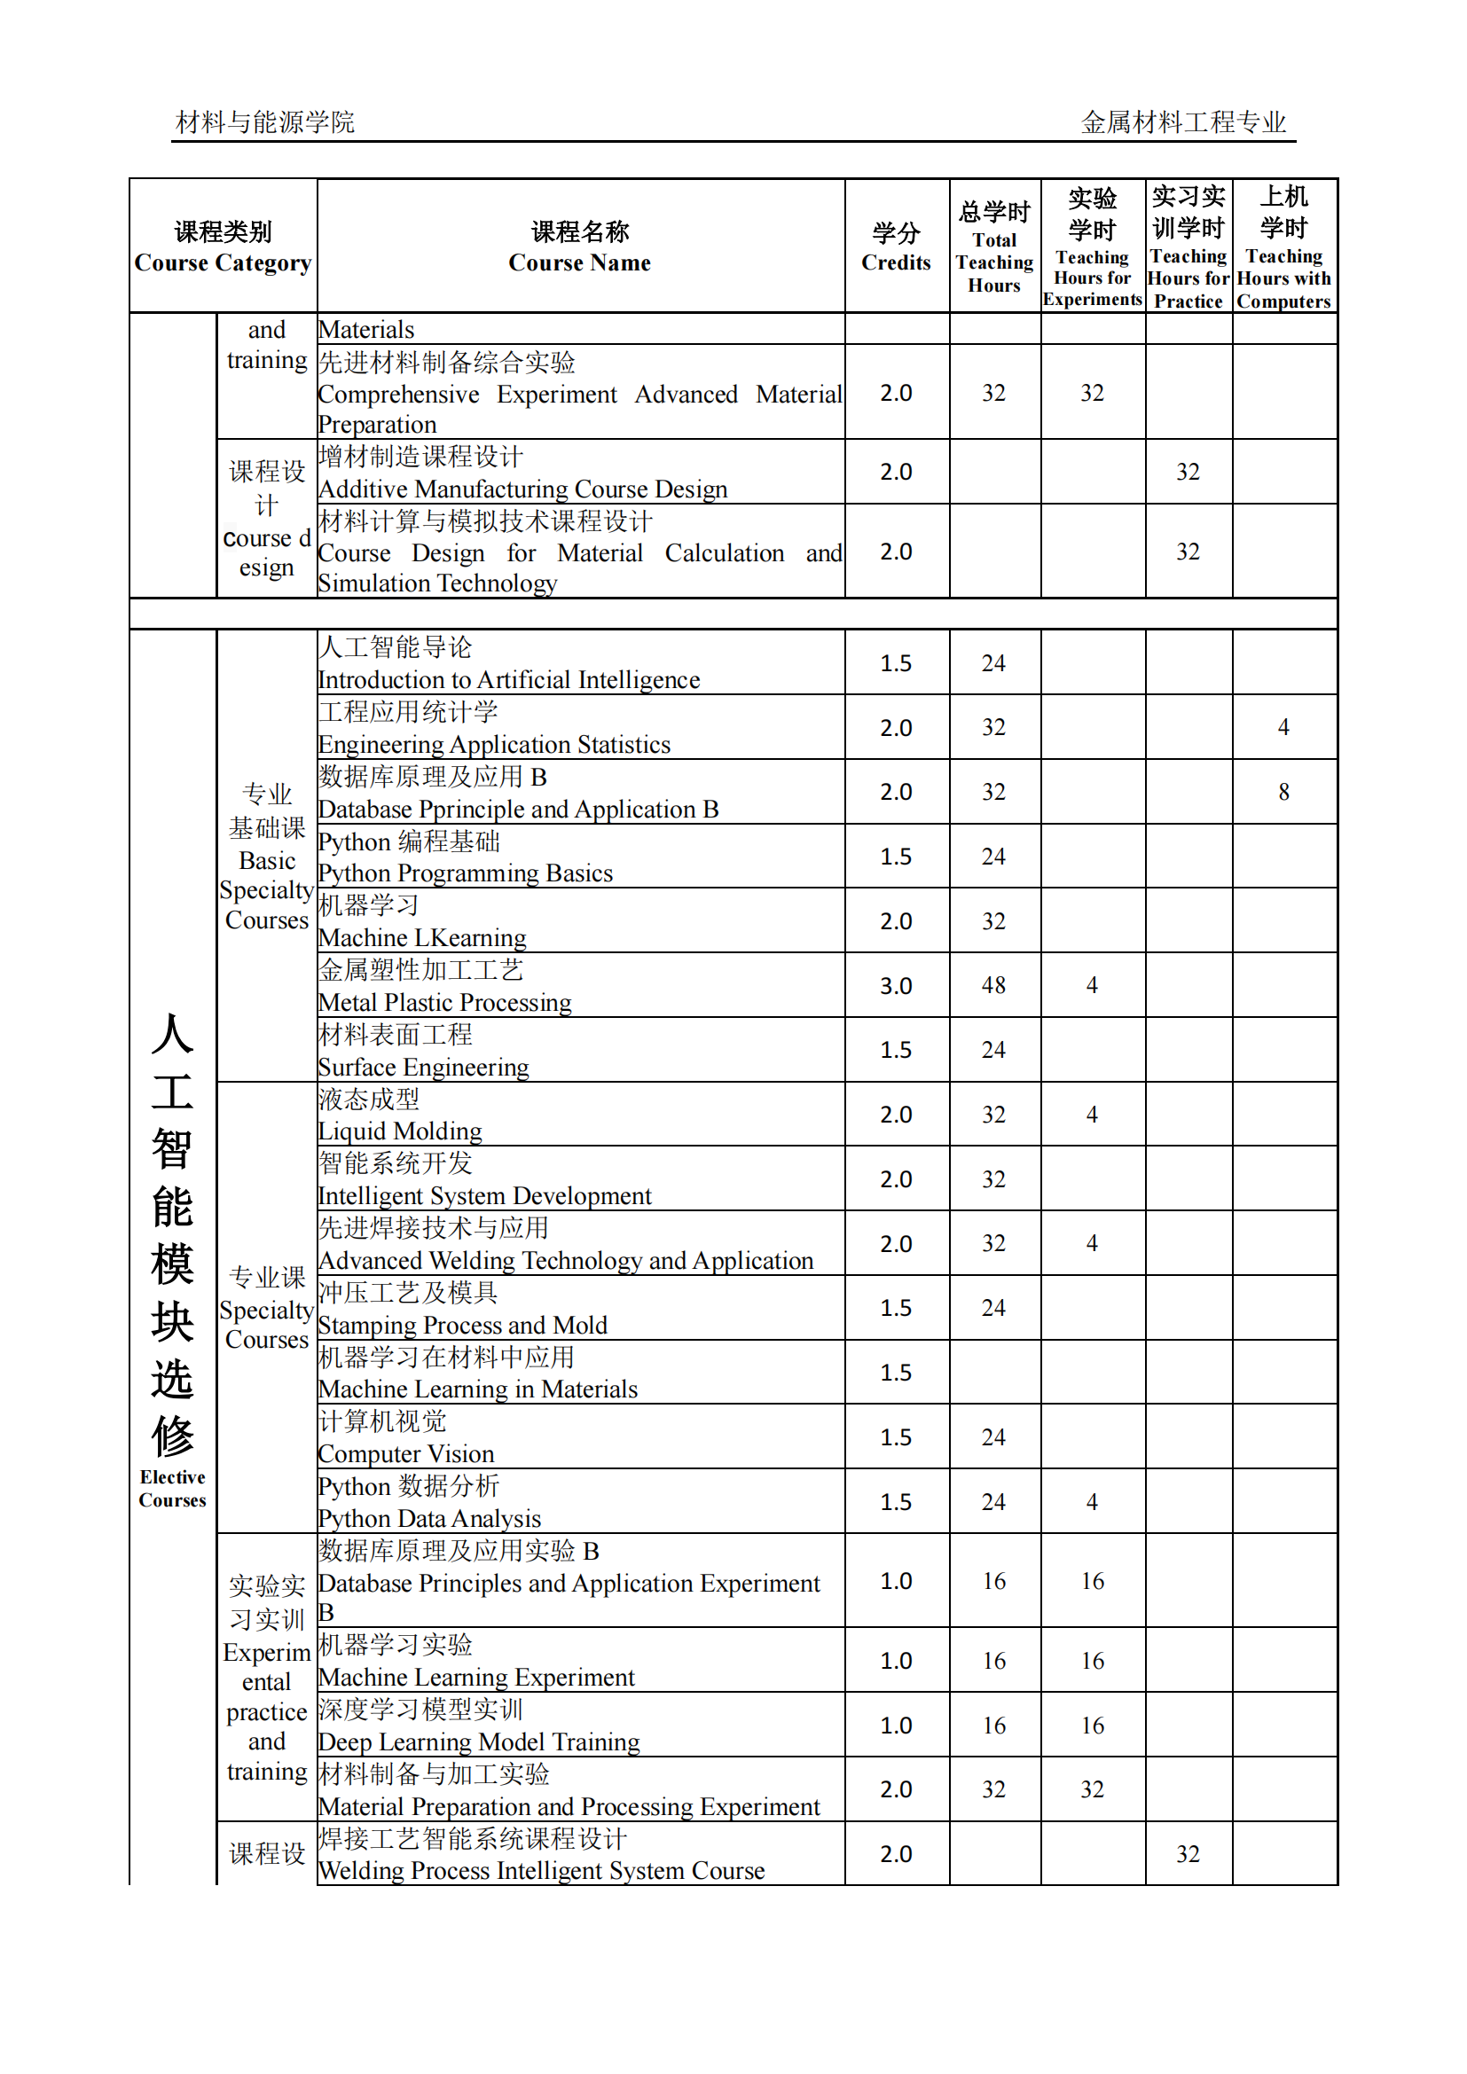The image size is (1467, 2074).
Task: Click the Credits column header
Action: coord(895,247)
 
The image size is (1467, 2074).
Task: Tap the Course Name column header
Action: coord(579,247)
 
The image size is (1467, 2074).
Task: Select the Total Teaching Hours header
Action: coord(993,247)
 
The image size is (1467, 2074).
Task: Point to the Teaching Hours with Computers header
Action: coord(1283,247)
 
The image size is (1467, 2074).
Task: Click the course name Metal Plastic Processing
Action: coord(444,1002)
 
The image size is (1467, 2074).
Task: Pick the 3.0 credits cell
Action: coord(895,985)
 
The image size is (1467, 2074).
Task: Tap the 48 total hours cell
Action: coord(993,985)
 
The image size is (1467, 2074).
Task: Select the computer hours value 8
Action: coord(1283,792)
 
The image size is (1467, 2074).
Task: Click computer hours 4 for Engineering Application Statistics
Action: coord(1283,727)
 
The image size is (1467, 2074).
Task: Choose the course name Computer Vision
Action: coord(405,1453)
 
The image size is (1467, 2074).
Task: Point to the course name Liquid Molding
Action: coord(399,1131)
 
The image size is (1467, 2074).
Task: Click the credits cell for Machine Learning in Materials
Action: coord(895,1372)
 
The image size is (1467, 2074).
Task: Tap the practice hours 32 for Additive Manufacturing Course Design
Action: coord(1187,472)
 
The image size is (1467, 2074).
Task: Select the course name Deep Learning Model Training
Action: coord(479,1741)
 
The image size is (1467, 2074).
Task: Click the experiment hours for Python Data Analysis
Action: coord(1091,1501)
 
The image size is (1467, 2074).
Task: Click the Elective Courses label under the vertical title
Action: coord(172,1488)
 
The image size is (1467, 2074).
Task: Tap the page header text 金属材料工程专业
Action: coord(1182,122)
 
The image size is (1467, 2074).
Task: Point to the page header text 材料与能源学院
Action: coord(264,122)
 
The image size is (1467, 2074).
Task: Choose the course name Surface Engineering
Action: coord(423,1067)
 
